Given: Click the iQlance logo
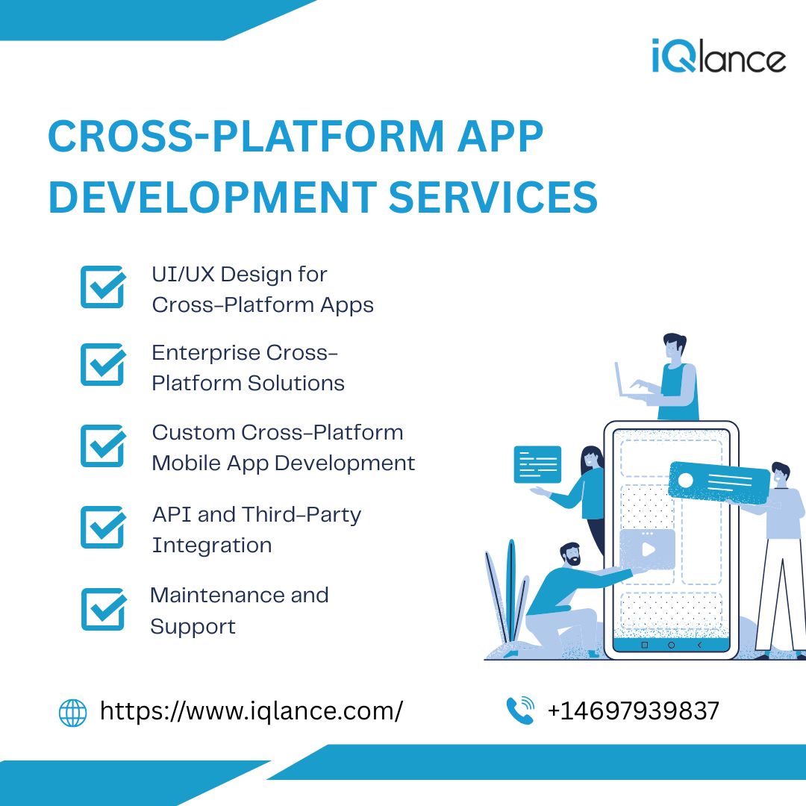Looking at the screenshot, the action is pyautogui.click(x=719, y=56).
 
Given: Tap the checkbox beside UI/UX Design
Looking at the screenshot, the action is pyautogui.click(x=103, y=287).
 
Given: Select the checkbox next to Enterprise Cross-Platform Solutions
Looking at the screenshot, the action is pyautogui.click(x=103, y=364).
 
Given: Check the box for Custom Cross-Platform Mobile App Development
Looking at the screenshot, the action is pyautogui.click(x=103, y=446).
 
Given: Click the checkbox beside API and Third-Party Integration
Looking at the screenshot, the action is pyautogui.click(x=103, y=527).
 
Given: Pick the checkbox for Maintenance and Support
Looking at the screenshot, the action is pyautogui.click(x=103, y=609).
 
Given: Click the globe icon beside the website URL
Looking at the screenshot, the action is pyautogui.click(x=73, y=713).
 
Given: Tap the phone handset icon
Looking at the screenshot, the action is pyautogui.click(x=520, y=710).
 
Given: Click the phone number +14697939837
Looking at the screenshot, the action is pyautogui.click(x=634, y=711).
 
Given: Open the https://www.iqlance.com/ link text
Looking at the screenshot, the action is pyautogui.click(x=252, y=711).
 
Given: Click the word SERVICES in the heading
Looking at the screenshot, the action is pyautogui.click(x=493, y=197).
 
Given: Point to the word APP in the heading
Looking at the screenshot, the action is pyautogui.click(x=500, y=137).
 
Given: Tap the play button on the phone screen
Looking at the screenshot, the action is pyautogui.click(x=648, y=549).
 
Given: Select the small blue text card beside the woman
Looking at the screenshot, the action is pyautogui.click(x=537, y=465).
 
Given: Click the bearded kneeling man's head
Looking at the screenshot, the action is pyautogui.click(x=571, y=554).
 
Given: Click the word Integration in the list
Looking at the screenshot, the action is pyautogui.click(x=212, y=546).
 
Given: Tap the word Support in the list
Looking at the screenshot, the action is pyautogui.click(x=193, y=627).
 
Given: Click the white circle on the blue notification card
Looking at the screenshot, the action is pyautogui.click(x=686, y=481).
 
